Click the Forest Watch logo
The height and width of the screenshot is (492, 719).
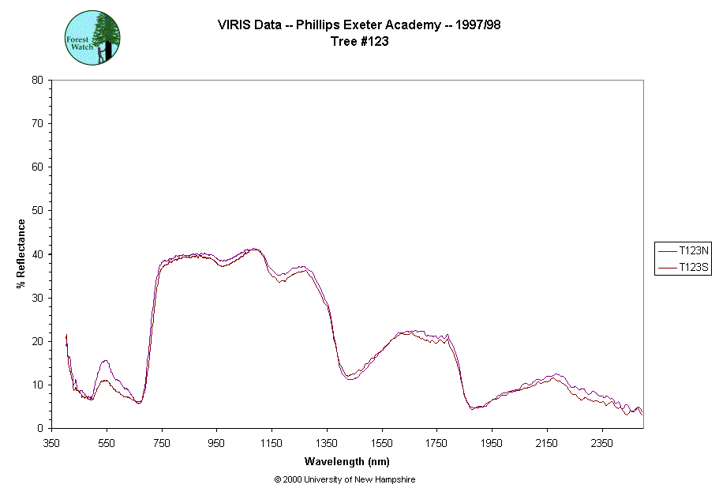pos(92,37)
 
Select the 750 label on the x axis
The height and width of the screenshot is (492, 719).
pos(162,443)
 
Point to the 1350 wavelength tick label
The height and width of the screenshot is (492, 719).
pos(327,443)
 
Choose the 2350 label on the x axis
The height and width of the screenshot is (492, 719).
pos(602,443)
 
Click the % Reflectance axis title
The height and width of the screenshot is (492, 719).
pos(21,254)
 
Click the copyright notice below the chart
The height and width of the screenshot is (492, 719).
pos(344,479)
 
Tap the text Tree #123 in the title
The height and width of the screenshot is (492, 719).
pos(359,42)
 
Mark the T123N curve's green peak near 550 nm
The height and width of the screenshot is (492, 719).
pos(105,360)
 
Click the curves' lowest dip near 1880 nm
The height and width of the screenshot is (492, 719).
pos(472,408)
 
